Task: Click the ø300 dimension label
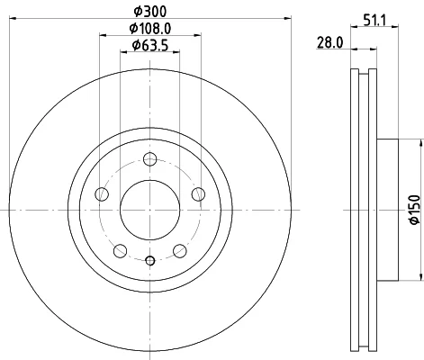[x=149, y=12]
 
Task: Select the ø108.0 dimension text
[x=150, y=29]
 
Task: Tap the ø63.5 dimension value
[x=150, y=45]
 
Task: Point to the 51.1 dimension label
[x=375, y=20]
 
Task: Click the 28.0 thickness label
[x=329, y=42]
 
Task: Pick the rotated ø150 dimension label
[x=415, y=210]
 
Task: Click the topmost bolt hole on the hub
[x=149, y=159]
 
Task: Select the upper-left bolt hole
[x=102, y=194]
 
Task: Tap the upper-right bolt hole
[x=198, y=194]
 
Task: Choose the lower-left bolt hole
[x=120, y=251]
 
